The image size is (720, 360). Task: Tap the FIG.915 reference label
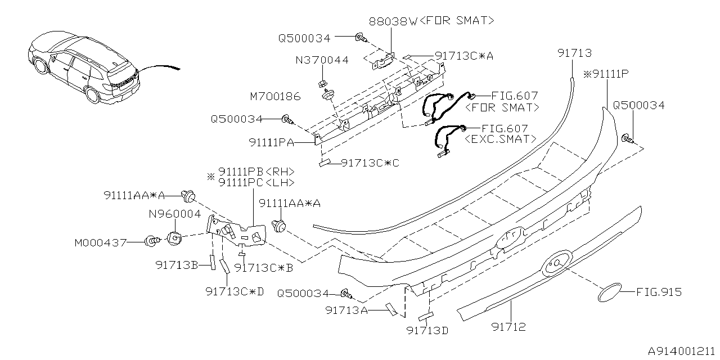coord(659,292)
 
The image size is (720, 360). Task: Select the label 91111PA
coord(271,143)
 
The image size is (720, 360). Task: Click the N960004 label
coord(174,214)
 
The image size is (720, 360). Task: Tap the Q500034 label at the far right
coord(638,105)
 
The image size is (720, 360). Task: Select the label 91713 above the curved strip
coord(574,53)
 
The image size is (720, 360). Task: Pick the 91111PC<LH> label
coord(256,182)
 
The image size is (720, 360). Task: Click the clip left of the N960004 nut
coord(152,242)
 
